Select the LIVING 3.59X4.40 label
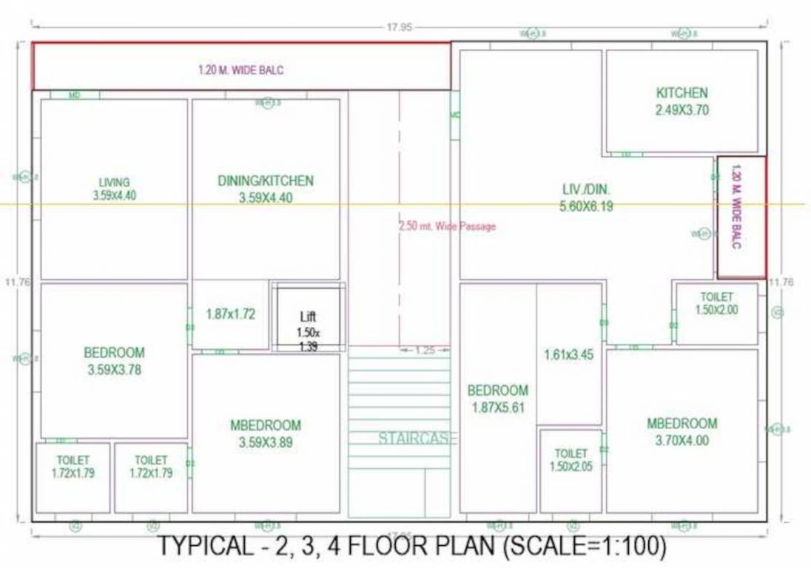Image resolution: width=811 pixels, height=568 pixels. (114, 189)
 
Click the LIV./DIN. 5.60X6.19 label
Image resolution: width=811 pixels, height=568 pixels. (586, 198)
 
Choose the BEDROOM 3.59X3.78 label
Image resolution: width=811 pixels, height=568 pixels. (114, 361)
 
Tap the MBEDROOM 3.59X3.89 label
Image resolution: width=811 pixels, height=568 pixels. (266, 433)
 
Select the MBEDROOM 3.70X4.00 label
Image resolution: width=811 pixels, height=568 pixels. (682, 432)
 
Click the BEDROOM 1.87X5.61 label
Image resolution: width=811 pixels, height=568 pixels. (497, 398)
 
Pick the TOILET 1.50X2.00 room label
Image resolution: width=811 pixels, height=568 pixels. (716, 303)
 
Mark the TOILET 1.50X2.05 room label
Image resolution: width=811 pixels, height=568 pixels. (571, 459)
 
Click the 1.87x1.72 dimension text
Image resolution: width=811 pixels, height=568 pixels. (230, 314)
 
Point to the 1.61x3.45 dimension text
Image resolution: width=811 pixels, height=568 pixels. (568, 354)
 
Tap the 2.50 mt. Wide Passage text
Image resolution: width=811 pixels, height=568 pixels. (447, 226)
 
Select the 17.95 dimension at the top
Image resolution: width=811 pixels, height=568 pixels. (398, 27)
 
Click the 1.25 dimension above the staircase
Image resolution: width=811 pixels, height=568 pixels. (425, 350)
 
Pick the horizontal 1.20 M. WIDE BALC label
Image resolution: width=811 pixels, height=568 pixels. (240, 70)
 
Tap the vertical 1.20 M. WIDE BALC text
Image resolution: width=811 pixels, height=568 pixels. (736, 206)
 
